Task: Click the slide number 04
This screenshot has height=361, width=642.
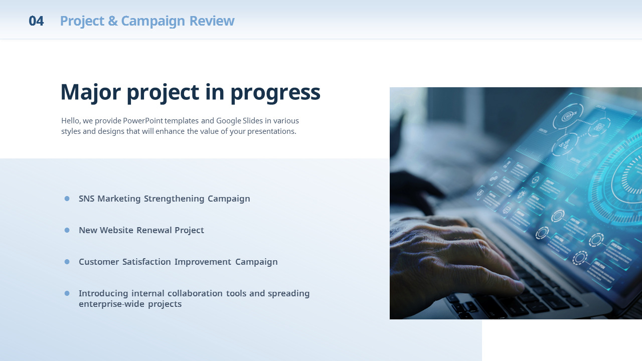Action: [36, 21]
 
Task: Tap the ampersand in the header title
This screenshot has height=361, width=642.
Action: [113, 21]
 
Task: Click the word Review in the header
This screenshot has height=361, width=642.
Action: [212, 21]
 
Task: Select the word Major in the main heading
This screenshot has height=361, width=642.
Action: [91, 93]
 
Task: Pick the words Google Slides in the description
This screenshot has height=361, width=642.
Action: [239, 121]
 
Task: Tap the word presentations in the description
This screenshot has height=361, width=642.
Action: [271, 131]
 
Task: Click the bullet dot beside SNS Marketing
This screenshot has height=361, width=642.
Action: [67, 199]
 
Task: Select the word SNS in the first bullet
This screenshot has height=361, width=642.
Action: [87, 199]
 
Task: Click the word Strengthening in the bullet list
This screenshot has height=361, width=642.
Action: [174, 199]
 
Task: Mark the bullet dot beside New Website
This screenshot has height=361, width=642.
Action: [67, 230]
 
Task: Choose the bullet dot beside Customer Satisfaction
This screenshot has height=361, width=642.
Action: [67, 262]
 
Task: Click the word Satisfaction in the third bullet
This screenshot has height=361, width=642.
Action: [146, 262]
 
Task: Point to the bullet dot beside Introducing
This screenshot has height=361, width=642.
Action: [67, 293]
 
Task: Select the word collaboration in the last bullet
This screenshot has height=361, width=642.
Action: [195, 293]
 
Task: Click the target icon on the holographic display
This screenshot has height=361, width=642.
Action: [568, 117]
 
